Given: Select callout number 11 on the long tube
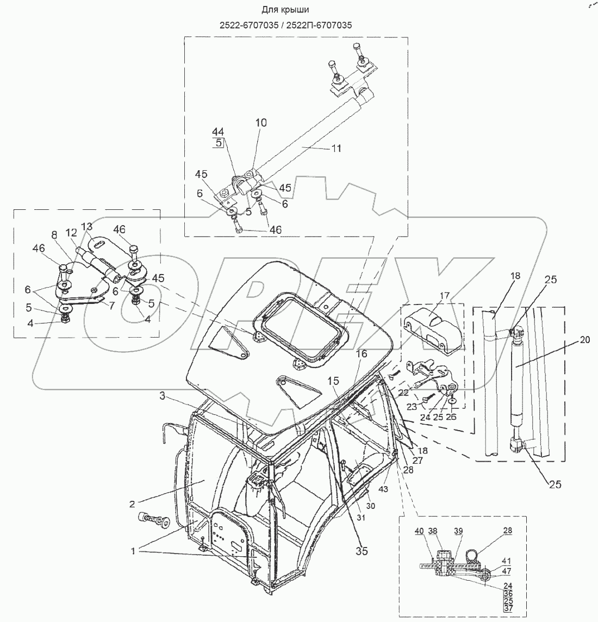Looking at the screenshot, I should (x=337, y=148).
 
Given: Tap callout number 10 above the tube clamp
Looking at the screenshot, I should (x=261, y=123).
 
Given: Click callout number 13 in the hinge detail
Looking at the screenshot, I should (x=87, y=226).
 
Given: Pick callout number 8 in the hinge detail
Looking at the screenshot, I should (x=54, y=234).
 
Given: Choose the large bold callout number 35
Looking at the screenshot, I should (x=362, y=551).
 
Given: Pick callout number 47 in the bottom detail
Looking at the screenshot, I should (x=506, y=570).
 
